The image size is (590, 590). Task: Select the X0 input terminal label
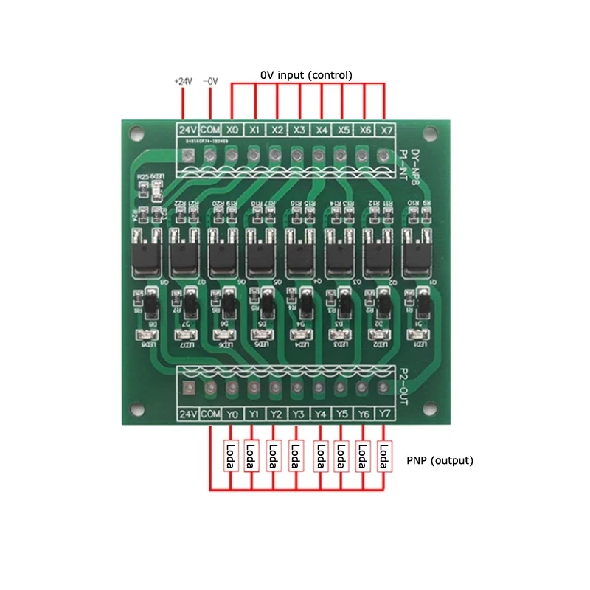coord(232,129)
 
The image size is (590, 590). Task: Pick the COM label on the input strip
coord(210,129)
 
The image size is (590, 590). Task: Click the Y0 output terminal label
coord(232,414)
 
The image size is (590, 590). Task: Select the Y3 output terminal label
coord(298,414)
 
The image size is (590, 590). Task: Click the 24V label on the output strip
coord(189,414)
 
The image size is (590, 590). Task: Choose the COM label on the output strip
coord(210,414)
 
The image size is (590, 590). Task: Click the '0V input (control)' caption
coord(306,75)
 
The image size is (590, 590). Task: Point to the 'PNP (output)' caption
coord(440,460)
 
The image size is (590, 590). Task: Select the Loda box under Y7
coord(383,457)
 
